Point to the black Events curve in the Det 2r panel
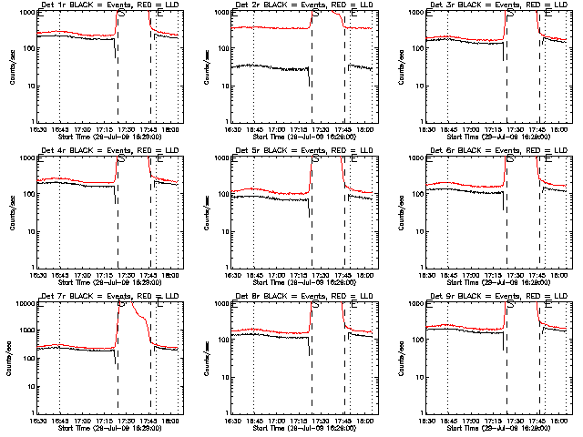pos(264,66)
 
